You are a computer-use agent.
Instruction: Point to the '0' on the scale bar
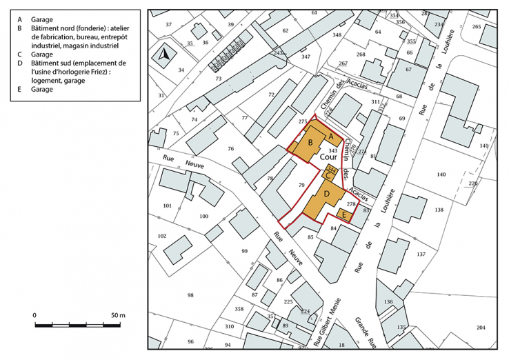click(x=34, y=315)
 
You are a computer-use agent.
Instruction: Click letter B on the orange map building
click(x=310, y=142)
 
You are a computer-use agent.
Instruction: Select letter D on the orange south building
click(x=328, y=196)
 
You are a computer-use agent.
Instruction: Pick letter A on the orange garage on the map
click(x=330, y=136)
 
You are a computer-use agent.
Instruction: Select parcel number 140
click(x=442, y=175)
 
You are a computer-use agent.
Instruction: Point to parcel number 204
click(x=481, y=327)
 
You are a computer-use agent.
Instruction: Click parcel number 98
click(x=190, y=295)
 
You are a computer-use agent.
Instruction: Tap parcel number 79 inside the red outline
click(x=301, y=185)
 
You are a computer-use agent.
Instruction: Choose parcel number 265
click(x=477, y=26)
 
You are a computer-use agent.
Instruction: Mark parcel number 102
click(x=162, y=236)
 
